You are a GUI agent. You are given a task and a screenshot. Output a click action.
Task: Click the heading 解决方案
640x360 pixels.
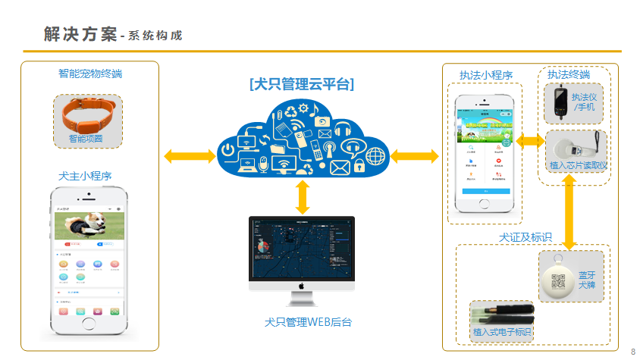click(80, 34)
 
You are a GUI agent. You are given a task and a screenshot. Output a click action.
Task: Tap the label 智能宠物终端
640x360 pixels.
click(89, 74)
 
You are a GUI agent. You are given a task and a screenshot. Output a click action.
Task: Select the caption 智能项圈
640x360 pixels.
click(85, 139)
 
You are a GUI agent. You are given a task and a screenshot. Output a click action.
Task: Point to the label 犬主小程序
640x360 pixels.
click(85, 176)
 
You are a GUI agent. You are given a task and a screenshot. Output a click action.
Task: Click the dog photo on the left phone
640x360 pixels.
click(89, 225)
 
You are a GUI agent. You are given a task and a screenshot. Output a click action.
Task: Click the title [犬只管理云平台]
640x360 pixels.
click(302, 83)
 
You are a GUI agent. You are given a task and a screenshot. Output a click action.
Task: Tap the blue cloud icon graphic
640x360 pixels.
click(302, 139)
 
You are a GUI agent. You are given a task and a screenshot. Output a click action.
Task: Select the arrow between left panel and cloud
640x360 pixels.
click(188, 156)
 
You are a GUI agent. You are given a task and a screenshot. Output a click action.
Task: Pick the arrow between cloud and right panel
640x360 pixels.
click(415, 156)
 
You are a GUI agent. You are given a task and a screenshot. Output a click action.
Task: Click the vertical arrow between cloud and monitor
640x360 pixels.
click(303, 197)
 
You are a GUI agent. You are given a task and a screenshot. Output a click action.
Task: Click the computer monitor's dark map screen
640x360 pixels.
click(302, 246)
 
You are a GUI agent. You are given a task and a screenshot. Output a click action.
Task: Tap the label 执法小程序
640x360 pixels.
click(486, 75)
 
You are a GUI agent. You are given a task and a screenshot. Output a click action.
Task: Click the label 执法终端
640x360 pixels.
click(569, 74)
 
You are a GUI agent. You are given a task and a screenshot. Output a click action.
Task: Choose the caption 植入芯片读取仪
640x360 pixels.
click(579, 165)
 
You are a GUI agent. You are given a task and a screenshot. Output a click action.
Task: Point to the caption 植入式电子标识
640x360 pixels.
click(502, 332)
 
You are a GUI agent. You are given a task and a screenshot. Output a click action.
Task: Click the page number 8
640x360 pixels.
click(633, 351)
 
